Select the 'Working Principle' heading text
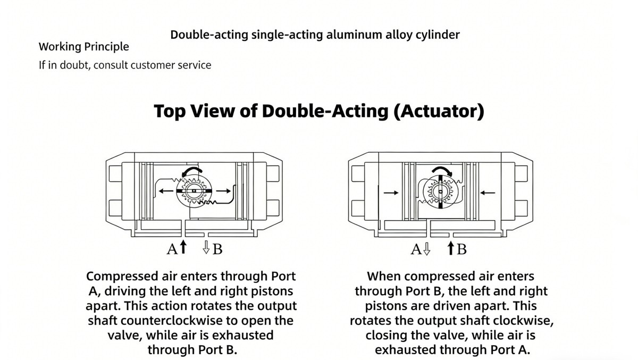[x=83, y=47]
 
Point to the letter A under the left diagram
[x=172, y=249]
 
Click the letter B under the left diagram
[x=217, y=249]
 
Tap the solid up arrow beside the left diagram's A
[x=183, y=247]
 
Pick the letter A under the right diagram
[x=416, y=249]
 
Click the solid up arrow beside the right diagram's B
[x=450, y=247]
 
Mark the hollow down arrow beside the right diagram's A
[x=426, y=248]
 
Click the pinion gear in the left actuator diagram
[x=194, y=191]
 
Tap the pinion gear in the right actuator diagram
[x=439, y=191]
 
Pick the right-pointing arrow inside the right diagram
[x=390, y=192]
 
